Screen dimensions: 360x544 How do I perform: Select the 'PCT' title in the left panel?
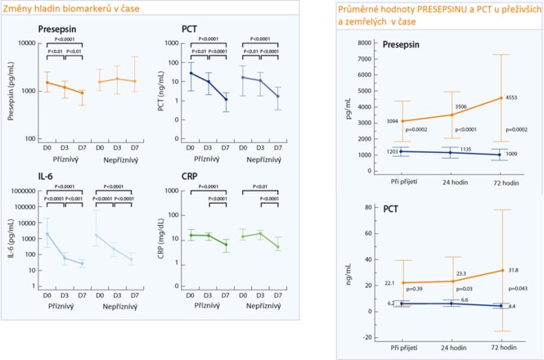(191, 28)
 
